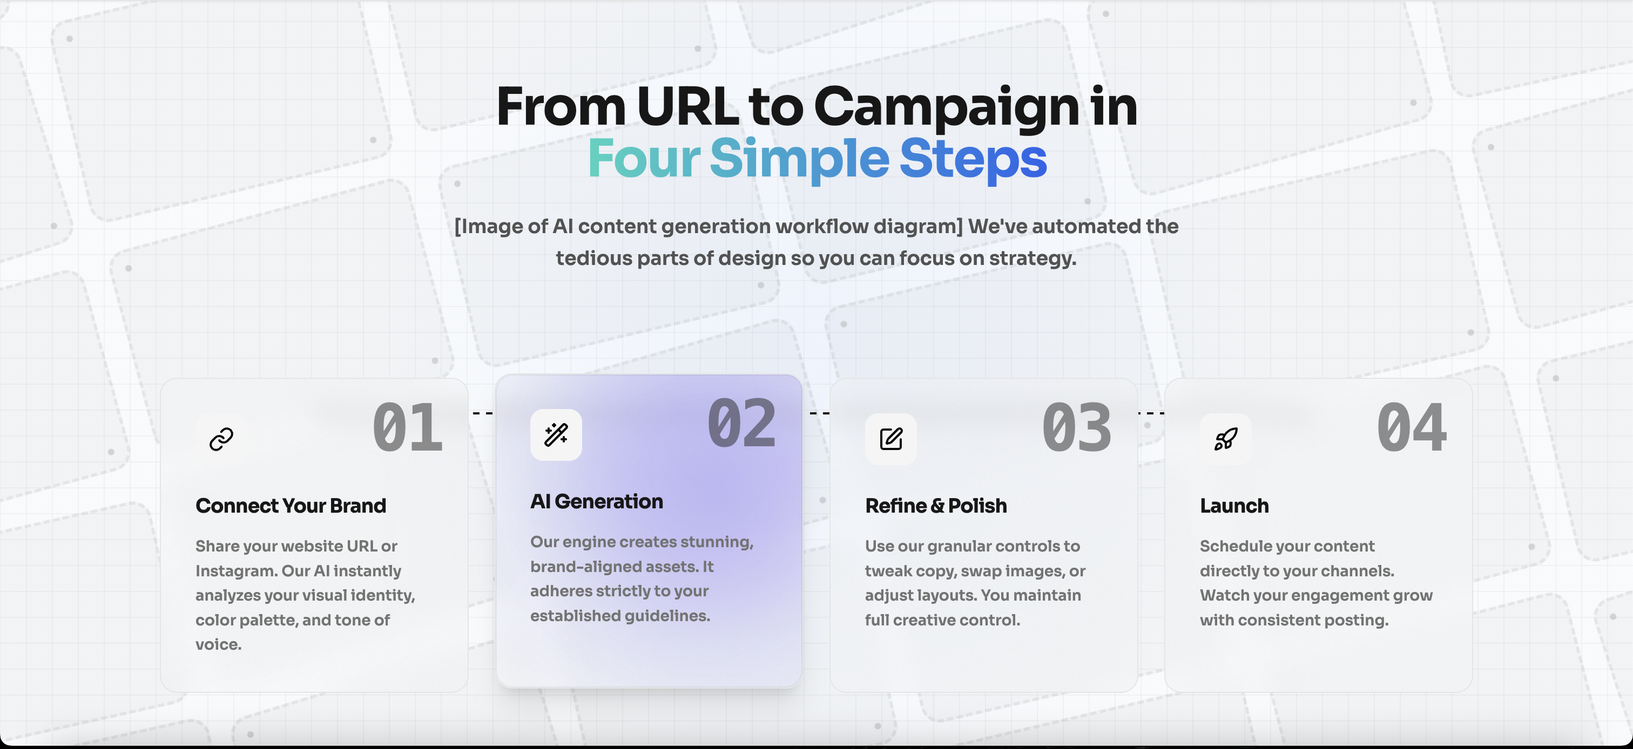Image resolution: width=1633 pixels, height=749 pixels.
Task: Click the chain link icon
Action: click(221, 439)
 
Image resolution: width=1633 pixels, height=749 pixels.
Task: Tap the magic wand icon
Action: click(556, 435)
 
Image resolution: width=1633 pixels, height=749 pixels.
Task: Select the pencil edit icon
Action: click(890, 439)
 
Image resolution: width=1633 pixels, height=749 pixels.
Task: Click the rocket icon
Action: click(1225, 439)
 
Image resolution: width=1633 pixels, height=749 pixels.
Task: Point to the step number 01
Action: click(408, 428)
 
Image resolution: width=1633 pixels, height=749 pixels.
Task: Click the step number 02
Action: click(741, 423)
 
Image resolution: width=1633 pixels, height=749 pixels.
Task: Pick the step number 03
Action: click(1077, 428)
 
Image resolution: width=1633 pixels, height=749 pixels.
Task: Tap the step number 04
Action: click(1412, 428)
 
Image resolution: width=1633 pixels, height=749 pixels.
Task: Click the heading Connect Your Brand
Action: click(291, 506)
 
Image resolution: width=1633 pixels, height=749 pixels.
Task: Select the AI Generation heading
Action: click(597, 501)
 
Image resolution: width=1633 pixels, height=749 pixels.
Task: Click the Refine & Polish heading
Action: click(936, 506)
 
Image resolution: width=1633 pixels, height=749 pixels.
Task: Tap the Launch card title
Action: click(1234, 506)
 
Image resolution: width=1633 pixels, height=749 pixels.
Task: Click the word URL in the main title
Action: click(688, 106)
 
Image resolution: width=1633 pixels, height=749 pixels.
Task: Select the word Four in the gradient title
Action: click(644, 159)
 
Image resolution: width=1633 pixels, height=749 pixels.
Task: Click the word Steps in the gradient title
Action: click(973, 161)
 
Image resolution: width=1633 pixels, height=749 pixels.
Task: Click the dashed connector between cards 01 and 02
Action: click(482, 413)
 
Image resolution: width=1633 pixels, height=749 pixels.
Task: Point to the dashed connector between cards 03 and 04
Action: click(1151, 413)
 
